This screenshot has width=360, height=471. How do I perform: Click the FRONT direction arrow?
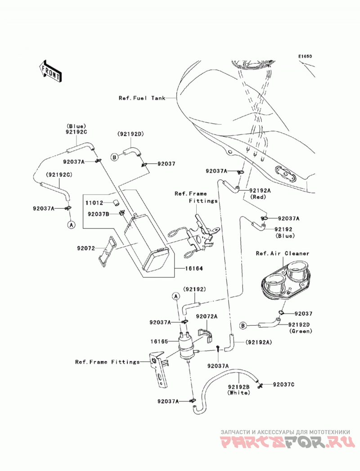click(50, 71)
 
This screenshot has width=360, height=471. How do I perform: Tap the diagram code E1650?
click(305, 56)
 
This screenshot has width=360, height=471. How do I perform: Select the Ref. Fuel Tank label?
click(142, 98)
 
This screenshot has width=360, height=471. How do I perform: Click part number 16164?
click(194, 268)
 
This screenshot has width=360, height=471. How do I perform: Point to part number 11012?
click(94, 203)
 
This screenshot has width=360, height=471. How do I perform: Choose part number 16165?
click(159, 341)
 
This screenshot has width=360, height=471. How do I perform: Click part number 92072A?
click(207, 316)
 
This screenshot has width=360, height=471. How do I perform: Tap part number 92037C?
click(283, 384)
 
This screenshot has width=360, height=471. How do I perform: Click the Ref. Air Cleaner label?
click(283, 253)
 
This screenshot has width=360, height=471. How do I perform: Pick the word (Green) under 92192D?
click(301, 331)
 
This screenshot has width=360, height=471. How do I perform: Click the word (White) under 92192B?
click(239, 393)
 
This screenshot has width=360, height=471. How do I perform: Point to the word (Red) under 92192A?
click(259, 197)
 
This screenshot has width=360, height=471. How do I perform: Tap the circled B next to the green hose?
click(243, 325)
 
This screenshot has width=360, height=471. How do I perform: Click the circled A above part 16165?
click(176, 296)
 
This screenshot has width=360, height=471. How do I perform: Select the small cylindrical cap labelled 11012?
click(116, 203)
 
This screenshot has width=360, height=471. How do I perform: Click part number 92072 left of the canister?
click(86, 248)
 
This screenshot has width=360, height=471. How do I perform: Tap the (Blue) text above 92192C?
click(76, 126)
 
